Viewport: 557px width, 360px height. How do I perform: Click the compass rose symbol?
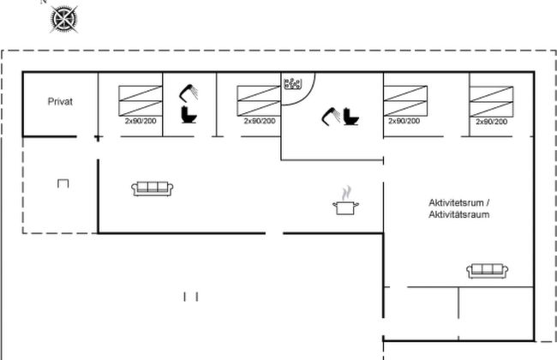pyautogui.click(x=62, y=19)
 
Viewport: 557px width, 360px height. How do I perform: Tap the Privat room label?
pyautogui.click(x=60, y=101)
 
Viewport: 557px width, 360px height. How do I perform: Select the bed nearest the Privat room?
pyautogui.click(x=139, y=99)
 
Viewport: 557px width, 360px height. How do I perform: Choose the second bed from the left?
pyautogui.click(x=258, y=99)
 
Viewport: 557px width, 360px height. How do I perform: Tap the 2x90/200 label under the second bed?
pyautogui.click(x=260, y=121)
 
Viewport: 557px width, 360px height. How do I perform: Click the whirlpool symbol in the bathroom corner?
pyautogui.click(x=293, y=84)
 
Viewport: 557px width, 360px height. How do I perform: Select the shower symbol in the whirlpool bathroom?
pyautogui.click(x=330, y=115)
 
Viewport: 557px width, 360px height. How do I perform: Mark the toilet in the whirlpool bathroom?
pyautogui.click(x=350, y=115)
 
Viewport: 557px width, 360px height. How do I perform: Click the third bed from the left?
pyautogui.click(x=404, y=99)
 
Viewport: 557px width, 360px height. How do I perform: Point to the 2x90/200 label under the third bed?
pyautogui.click(x=404, y=121)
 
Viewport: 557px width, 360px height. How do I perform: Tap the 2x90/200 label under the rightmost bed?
pyautogui.click(x=491, y=122)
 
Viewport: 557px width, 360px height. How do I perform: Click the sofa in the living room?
pyautogui.click(x=153, y=188)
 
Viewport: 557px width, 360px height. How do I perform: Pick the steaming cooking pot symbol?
pyautogui.click(x=344, y=202)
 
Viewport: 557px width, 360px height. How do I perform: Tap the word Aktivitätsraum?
pyautogui.click(x=459, y=214)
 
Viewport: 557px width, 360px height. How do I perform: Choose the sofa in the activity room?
pyautogui.click(x=487, y=271)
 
